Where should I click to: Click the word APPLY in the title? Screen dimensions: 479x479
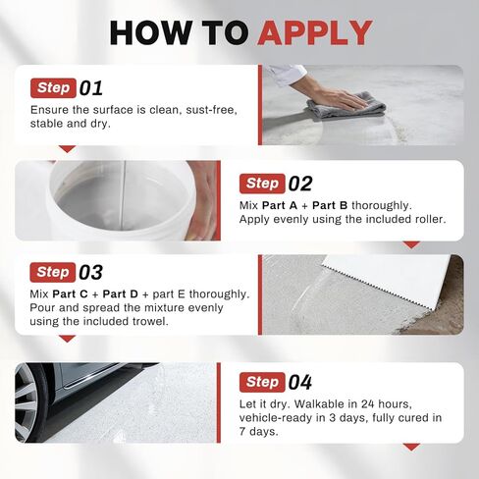[x=315, y=32]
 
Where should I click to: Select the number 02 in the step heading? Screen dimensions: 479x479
[x=301, y=183]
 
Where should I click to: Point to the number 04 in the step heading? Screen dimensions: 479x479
[x=301, y=382]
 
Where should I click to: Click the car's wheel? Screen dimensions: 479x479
[x=29, y=402]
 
